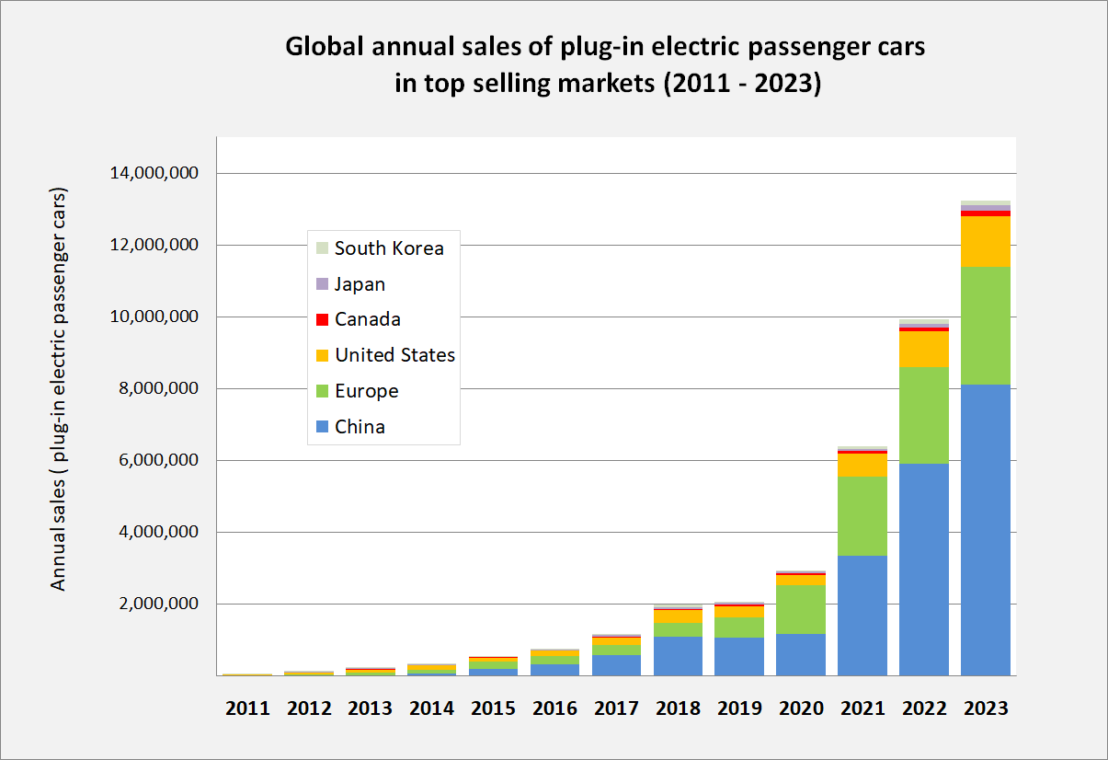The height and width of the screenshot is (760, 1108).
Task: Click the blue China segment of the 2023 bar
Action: pyautogui.click(x=985, y=529)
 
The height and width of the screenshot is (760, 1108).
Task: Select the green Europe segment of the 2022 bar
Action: pyautogui.click(x=923, y=415)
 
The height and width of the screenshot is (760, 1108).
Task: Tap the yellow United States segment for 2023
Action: pyautogui.click(x=985, y=241)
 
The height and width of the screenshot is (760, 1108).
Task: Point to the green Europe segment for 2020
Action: pyautogui.click(x=800, y=609)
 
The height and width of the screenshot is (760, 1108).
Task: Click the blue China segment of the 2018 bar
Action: pyautogui.click(x=678, y=655)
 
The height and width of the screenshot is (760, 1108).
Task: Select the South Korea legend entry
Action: pyautogui.click(x=388, y=248)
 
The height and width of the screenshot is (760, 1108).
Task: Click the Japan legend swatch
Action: pyautogui.click(x=322, y=284)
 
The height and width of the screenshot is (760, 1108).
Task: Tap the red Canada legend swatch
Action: pyautogui.click(x=322, y=320)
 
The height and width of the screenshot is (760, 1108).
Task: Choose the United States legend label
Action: pyautogui.click(x=394, y=355)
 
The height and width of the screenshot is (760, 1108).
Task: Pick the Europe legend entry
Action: pyautogui.click(x=366, y=391)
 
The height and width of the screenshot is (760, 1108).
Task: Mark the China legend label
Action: pyautogui.click(x=360, y=427)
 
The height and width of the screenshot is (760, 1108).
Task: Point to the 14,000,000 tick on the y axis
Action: pyautogui.click(x=154, y=173)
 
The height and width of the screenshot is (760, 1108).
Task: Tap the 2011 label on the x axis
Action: pyautogui.click(x=247, y=708)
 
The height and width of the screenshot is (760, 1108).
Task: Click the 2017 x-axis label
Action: pyautogui.click(x=616, y=708)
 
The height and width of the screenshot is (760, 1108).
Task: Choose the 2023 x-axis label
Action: pyautogui.click(x=985, y=708)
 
